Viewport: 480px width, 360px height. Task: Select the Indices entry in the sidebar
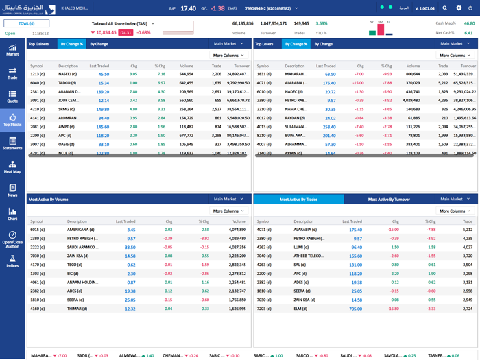[12, 261]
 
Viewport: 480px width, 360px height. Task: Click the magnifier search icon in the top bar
[445, 8]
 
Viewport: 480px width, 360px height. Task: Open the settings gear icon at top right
[459, 8]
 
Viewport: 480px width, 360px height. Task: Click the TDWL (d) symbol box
[27, 23]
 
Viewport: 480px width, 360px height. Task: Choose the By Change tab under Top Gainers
[99, 44]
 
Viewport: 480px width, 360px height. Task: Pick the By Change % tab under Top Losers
[296, 44]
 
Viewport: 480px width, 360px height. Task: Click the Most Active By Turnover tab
[389, 200]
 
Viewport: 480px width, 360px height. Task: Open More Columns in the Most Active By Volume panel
[228, 211]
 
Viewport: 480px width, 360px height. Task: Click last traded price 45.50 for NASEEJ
[104, 74]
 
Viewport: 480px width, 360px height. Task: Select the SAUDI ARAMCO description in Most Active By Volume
[82, 247]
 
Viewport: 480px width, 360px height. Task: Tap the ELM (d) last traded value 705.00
[355, 309]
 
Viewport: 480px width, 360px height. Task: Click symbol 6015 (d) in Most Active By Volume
[37, 230]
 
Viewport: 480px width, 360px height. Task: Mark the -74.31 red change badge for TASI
[125, 32]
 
